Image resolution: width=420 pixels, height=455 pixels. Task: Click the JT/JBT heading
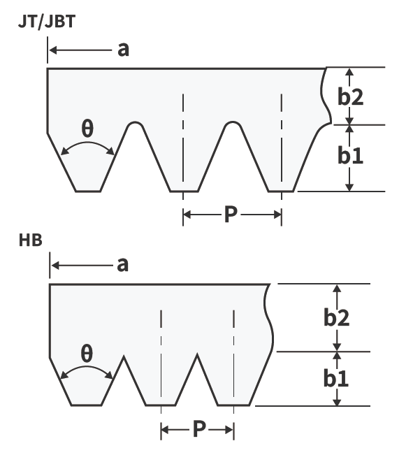click(47, 22)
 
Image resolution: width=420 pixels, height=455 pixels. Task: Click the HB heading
click(31, 240)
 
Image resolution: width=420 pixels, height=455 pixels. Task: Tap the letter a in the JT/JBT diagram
click(123, 50)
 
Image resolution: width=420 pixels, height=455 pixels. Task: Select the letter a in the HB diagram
click(122, 265)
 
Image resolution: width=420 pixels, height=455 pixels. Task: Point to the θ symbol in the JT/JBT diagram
click(87, 129)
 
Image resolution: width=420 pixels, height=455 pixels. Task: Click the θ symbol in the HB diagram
click(87, 354)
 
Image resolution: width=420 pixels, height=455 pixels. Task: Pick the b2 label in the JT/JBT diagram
click(350, 96)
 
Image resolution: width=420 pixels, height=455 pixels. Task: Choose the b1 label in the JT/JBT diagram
click(350, 155)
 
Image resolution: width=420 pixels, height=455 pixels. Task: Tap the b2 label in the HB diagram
click(336, 317)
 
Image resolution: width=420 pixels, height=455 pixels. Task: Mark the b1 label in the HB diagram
click(336, 378)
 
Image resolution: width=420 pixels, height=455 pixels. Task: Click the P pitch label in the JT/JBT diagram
click(231, 215)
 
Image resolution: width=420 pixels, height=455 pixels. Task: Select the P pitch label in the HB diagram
click(199, 428)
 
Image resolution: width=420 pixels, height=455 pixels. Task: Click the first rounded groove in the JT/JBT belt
click(135, 123)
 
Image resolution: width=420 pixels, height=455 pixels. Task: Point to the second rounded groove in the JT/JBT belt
click(233, 123)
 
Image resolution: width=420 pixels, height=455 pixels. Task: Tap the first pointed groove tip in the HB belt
click(124, 356)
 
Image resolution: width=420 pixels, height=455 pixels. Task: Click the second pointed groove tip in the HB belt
click(198, 354)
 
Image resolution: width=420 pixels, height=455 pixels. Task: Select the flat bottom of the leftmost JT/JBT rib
click(88, 192)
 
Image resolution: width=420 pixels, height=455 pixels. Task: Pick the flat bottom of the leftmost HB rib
click(87, 405)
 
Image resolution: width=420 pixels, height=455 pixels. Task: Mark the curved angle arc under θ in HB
click(87, 367)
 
